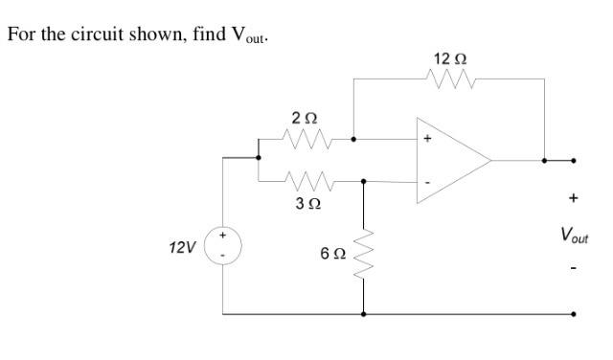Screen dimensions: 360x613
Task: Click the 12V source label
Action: (x=181, y=247)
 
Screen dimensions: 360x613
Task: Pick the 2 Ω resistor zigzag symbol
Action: (x=306, y=141)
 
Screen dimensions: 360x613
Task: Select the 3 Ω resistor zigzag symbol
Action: (x=308, y=180)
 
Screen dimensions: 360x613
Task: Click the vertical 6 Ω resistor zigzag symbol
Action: (x=364, y=253)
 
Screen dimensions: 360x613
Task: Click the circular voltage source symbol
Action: (x=224, y=247)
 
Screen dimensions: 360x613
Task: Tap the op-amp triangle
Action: (x=450, y=160)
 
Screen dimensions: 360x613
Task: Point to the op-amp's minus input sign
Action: (x=428, y=182)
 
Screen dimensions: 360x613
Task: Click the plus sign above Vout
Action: (x=574, y=199)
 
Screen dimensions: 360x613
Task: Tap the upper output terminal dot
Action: (x=574, y=161)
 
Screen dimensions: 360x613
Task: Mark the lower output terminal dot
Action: (x=574, y=314)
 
